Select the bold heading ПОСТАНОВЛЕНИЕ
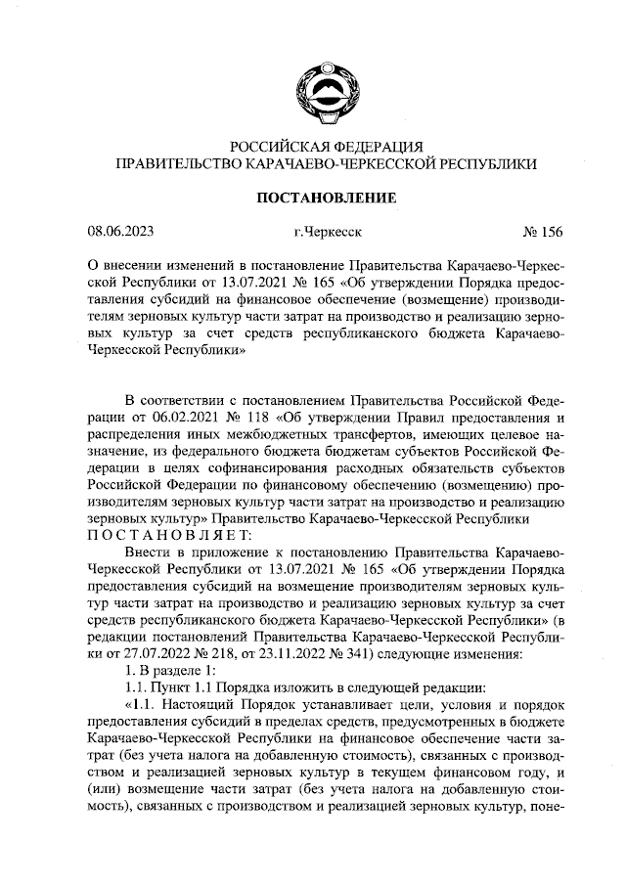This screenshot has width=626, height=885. (x=326, y=198)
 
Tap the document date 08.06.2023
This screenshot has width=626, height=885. (x=120, y=233)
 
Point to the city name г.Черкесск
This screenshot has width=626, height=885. (x=327, y=233)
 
